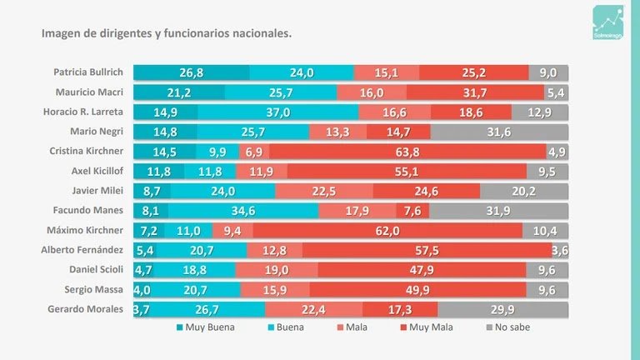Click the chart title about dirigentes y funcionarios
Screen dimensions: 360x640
(167, 34)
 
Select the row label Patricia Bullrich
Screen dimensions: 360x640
(88, 72)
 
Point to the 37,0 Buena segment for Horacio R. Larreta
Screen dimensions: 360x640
(278, 112)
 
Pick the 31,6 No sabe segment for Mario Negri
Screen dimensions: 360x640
(499, 132)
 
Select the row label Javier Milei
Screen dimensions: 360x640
(99, 191)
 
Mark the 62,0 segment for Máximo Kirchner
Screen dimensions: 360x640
(387, 231)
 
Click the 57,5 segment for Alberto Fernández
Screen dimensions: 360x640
(426, 250)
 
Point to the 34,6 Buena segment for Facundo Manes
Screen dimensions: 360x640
(243, 211)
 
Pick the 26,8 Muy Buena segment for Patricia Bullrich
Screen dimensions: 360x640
(192, 72)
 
